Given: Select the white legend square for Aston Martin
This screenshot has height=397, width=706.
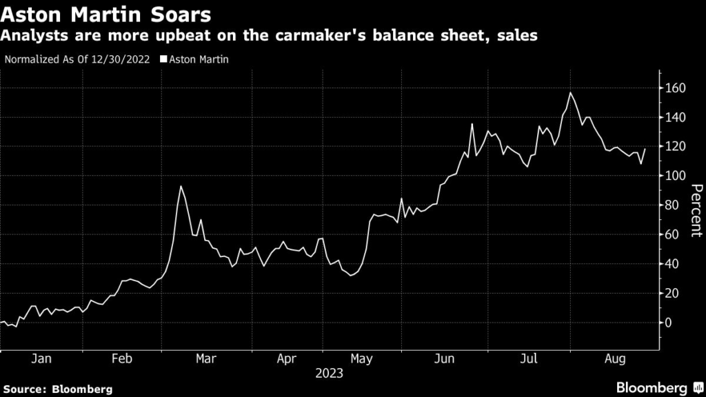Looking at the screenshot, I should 163,59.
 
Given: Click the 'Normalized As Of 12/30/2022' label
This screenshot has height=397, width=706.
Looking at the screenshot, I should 77,59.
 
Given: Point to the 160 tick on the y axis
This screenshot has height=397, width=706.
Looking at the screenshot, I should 675,88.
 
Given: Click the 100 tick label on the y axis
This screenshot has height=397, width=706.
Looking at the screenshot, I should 675,176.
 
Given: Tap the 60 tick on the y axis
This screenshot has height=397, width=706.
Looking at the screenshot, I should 672,234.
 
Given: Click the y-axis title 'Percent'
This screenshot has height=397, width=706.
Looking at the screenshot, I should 695,211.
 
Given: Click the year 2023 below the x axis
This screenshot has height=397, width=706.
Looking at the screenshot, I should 330,374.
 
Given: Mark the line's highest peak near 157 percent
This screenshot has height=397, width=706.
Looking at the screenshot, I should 570,92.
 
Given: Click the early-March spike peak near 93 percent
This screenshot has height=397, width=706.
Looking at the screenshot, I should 181,186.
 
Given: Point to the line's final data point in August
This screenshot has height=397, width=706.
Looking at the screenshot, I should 645,149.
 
